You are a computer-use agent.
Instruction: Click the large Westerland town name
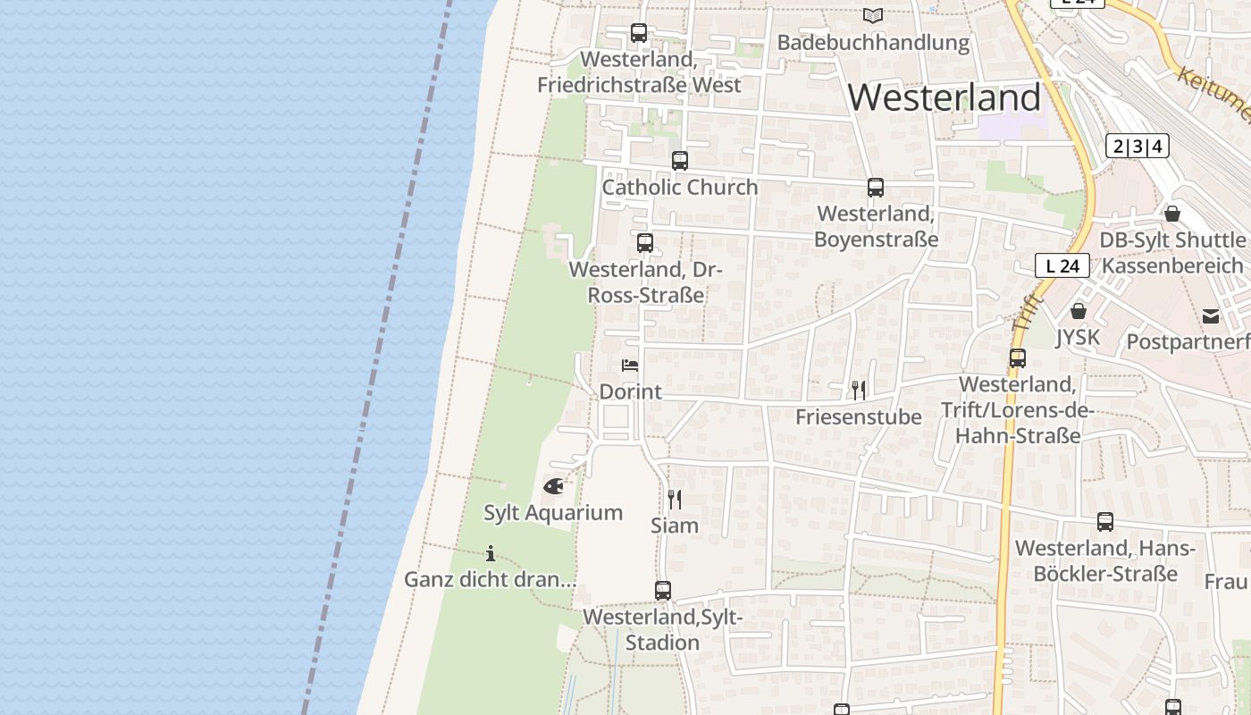tap(945, 97)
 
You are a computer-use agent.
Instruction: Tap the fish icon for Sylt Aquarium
tap(554, 487)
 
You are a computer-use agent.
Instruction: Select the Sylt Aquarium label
tap(553, 513)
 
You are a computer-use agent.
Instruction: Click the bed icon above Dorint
tap(630, 366)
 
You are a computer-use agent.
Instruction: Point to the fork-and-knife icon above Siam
tap(675, 499)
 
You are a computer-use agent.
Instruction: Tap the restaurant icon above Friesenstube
tap(859, 390)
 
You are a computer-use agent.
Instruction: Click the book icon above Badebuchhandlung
tap(873, 16)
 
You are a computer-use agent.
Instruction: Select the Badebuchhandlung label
tap(873, 42)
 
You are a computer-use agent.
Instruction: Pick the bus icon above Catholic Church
tap(680, 161)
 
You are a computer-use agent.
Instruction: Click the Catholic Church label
tap(680, 187)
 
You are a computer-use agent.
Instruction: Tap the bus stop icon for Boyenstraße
tap(876, 188)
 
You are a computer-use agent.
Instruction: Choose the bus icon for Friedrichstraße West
tap(639, 33)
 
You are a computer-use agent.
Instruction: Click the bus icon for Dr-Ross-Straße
tap(645, 243)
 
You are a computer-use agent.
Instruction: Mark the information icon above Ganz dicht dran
tap(490, 553)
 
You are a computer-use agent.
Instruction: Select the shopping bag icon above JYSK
tap(1079, 311)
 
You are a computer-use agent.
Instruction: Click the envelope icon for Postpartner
tap(1211, 315)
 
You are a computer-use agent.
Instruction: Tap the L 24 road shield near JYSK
tap(1062, 265)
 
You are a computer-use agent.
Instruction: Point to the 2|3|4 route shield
tap(1137, 146)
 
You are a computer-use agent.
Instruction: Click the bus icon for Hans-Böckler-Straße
tap(1105, 522)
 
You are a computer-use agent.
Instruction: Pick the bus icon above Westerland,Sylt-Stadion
tap(663, 591)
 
